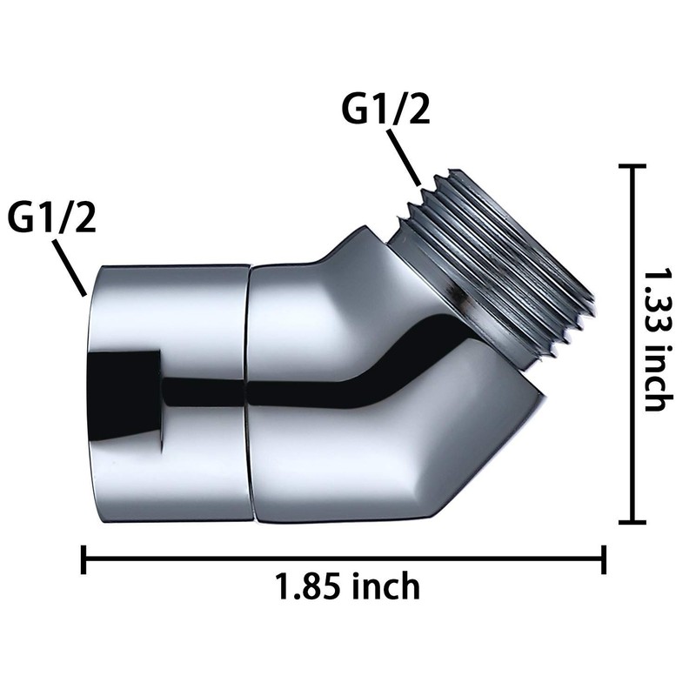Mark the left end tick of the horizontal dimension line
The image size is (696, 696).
84,559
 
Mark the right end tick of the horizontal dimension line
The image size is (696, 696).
604,559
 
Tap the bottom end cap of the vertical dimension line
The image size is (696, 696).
629,522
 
